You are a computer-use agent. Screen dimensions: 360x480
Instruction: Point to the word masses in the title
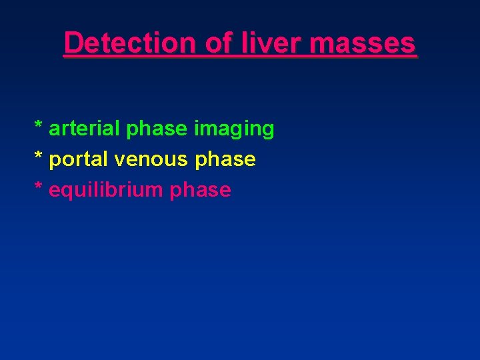tap(363, 43)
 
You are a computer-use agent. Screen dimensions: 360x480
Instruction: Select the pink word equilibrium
tap(107, 191)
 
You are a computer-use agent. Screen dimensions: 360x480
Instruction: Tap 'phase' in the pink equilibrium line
tap(201, 191)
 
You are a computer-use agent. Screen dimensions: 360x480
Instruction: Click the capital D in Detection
tap(73, 43)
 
